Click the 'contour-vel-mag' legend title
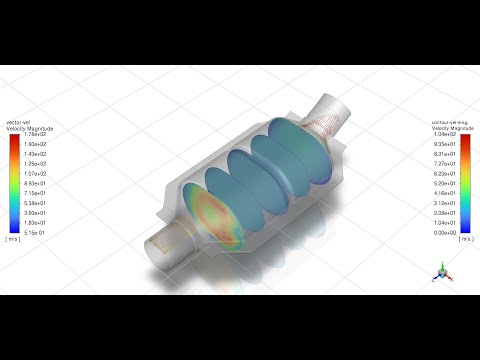(450, 122)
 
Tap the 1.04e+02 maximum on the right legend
(446, 135)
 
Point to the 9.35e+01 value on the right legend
(446, 145)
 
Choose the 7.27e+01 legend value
(446, 164)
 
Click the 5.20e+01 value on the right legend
(446, 184)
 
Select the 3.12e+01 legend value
(446, 203)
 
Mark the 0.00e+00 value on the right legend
(446, 232)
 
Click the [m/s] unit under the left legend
(13, 240)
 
